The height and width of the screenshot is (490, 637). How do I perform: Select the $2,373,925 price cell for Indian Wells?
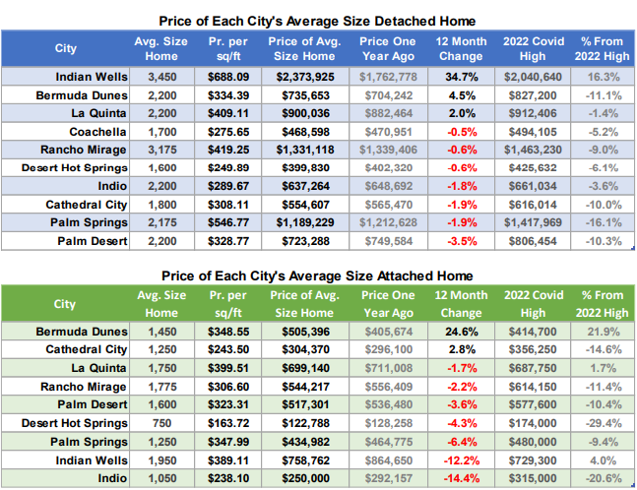[x=307, y=75]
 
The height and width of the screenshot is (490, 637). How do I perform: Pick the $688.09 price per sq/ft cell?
[x=227, y=75]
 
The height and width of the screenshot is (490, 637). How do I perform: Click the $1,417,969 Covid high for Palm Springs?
[x=531, y=223]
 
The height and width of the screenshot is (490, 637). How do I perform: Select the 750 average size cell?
[x=161, y=423]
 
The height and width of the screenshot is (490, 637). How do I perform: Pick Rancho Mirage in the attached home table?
[x=85, y=386]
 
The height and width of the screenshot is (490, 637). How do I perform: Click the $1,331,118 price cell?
[x=307, y=149]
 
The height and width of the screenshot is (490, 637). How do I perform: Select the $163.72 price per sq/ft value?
[x=227, y=423]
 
